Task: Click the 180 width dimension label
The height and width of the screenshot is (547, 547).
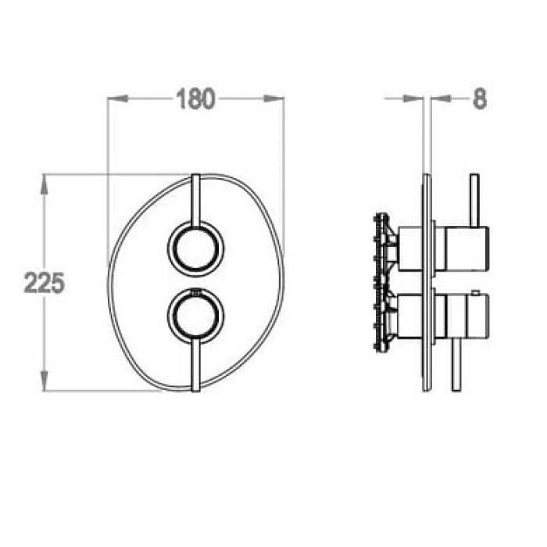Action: [195, 99]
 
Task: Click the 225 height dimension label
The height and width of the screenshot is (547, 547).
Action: [45, 283]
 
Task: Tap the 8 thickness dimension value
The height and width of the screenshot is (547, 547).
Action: [480, 99]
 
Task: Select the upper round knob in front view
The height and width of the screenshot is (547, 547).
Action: [195, 248]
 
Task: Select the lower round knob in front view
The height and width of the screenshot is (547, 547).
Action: [195, 316]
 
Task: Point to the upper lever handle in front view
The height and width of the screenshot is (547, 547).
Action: [195, 201]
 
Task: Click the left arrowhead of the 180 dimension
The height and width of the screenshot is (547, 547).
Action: [117, 98]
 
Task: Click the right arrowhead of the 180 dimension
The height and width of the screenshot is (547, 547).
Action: [273, 98]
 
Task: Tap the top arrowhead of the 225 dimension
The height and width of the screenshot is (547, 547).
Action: [44, 184]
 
